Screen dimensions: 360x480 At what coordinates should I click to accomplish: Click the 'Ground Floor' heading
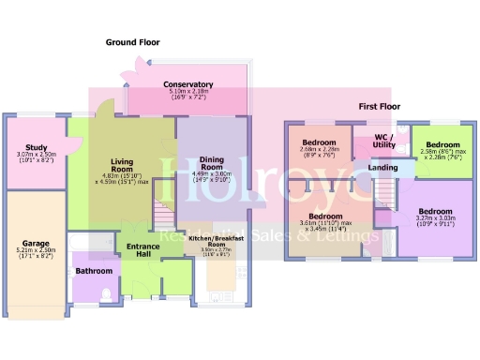coord(132,42)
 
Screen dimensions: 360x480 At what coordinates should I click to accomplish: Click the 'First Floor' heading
coord(380,107)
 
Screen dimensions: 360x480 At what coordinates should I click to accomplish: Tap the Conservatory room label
coord(187,84)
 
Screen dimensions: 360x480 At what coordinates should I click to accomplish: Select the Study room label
coord(37,147)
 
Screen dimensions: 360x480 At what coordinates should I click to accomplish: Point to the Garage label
coord(37,243)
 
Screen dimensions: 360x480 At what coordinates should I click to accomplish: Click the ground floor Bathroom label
coord(94,271)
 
